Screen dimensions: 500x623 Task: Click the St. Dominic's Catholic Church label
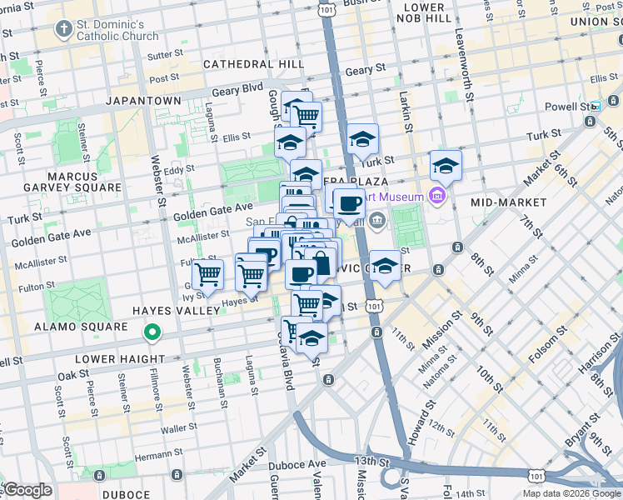[x=118, y=30]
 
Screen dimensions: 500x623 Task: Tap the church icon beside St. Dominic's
[x=63, y=30]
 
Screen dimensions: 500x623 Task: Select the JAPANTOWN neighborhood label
[x=143, y=101]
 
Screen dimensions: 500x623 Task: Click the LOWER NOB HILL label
[x=424, y=12]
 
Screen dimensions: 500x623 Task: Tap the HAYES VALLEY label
[x=176, y=310]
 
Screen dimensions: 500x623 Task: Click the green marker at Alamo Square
[x=152, y=333]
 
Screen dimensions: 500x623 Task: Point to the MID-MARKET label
[x=508, y=202]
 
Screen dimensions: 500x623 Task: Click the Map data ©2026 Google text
[x=571, y=493]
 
